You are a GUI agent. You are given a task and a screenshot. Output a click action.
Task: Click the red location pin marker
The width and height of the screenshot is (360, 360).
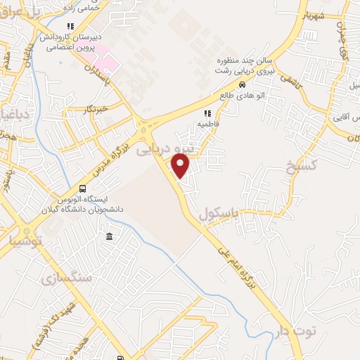[x=181, y=167]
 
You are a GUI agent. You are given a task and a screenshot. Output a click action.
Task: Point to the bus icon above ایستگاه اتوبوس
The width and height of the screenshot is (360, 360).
[x=83, y=188]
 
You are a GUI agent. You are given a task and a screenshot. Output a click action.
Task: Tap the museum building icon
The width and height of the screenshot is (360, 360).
[x=108, y=237]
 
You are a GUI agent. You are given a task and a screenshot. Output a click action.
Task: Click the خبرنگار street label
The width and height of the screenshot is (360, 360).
[x=93, y=110]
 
